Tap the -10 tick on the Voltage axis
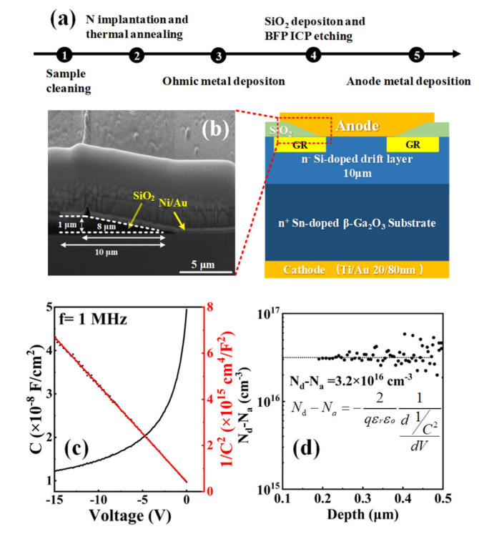point(99,503)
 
